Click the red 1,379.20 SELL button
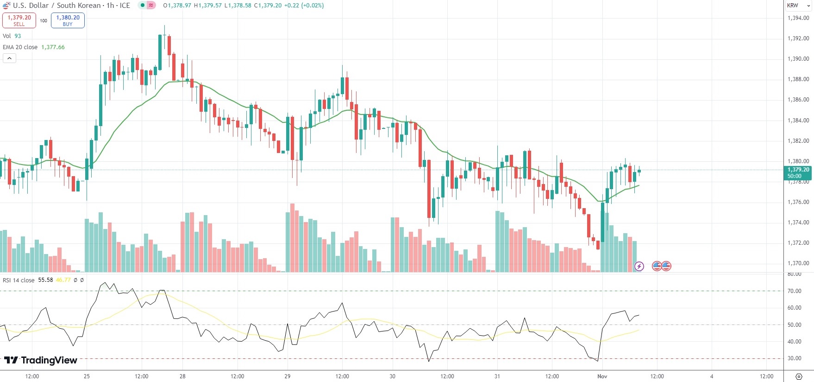(19, 20)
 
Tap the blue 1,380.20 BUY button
(68, 20)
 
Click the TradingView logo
(41, 360)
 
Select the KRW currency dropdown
(798, 6)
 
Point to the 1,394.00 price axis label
(798, 18)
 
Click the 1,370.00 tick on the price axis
(798, 263)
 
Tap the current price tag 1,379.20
(798, 170)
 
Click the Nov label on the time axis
(602, 376)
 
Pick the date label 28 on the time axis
(182, 376)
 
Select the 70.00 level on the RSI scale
(795, 291)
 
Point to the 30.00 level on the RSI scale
(795, 358)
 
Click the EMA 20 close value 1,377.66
(53, 47)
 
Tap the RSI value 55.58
(45, 280)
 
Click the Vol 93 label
(12, 36)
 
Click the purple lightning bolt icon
(639, 266)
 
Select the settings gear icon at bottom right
(799, 376)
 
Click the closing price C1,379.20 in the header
(268, 6)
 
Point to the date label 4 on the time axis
(712, 376)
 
